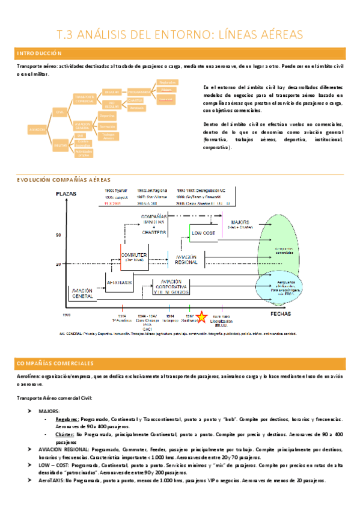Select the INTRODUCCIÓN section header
pyautogui.click(x=40, y=54)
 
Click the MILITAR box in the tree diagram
pyautogui.click(x=61, y=144)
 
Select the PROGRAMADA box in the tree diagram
pyautogui.click(x=139, y=92)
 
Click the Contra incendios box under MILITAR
pyautogui.click(x=83, y=144)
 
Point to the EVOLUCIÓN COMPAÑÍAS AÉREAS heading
pyautogui.click(x=64, y=180)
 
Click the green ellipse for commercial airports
pyautogui.click(x=276, y=247)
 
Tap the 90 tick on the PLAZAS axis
pyautogui.click(x=59, y=236)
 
